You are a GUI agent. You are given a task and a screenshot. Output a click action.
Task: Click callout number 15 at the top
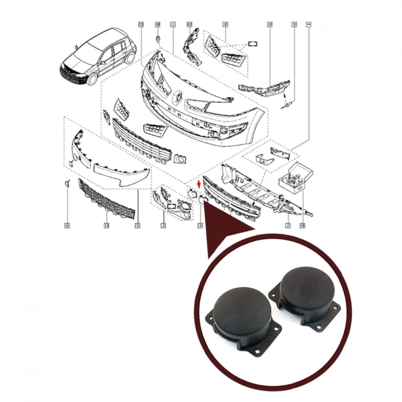[x=141, y=24]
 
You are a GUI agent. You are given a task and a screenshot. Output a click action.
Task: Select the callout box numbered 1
[x=173, y=24]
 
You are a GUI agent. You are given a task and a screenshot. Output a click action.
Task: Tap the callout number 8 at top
[x=225, y=24]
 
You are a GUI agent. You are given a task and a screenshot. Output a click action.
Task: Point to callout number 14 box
[x=308, y=24]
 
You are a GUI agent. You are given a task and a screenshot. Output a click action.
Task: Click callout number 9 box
[x=294, y=24]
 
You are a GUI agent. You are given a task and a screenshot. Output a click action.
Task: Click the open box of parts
[x=293, y=177]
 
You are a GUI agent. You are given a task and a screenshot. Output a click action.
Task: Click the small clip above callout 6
[x=67, y=184]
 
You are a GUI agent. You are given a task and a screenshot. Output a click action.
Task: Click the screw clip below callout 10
[x=157, y=38]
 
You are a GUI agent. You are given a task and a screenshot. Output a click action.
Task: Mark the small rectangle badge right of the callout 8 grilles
[x=253, y=43]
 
